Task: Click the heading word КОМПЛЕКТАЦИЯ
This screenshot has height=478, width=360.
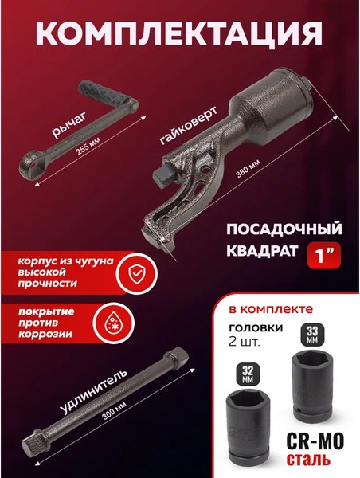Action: point(180,37)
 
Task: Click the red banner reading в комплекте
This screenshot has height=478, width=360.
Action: point(286,307)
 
